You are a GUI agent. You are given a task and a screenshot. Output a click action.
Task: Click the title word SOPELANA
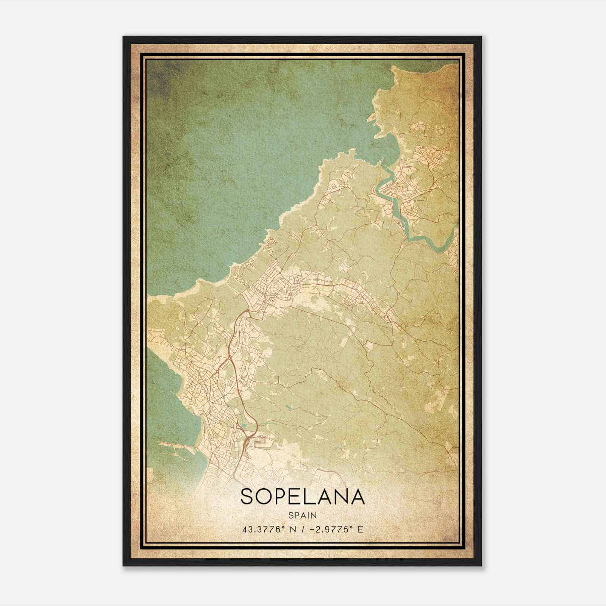pos(303,497)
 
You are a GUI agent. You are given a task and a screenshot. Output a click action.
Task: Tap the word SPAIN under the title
pos(303,515)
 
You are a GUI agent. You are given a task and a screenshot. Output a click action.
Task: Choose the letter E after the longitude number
pos(360,529)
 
